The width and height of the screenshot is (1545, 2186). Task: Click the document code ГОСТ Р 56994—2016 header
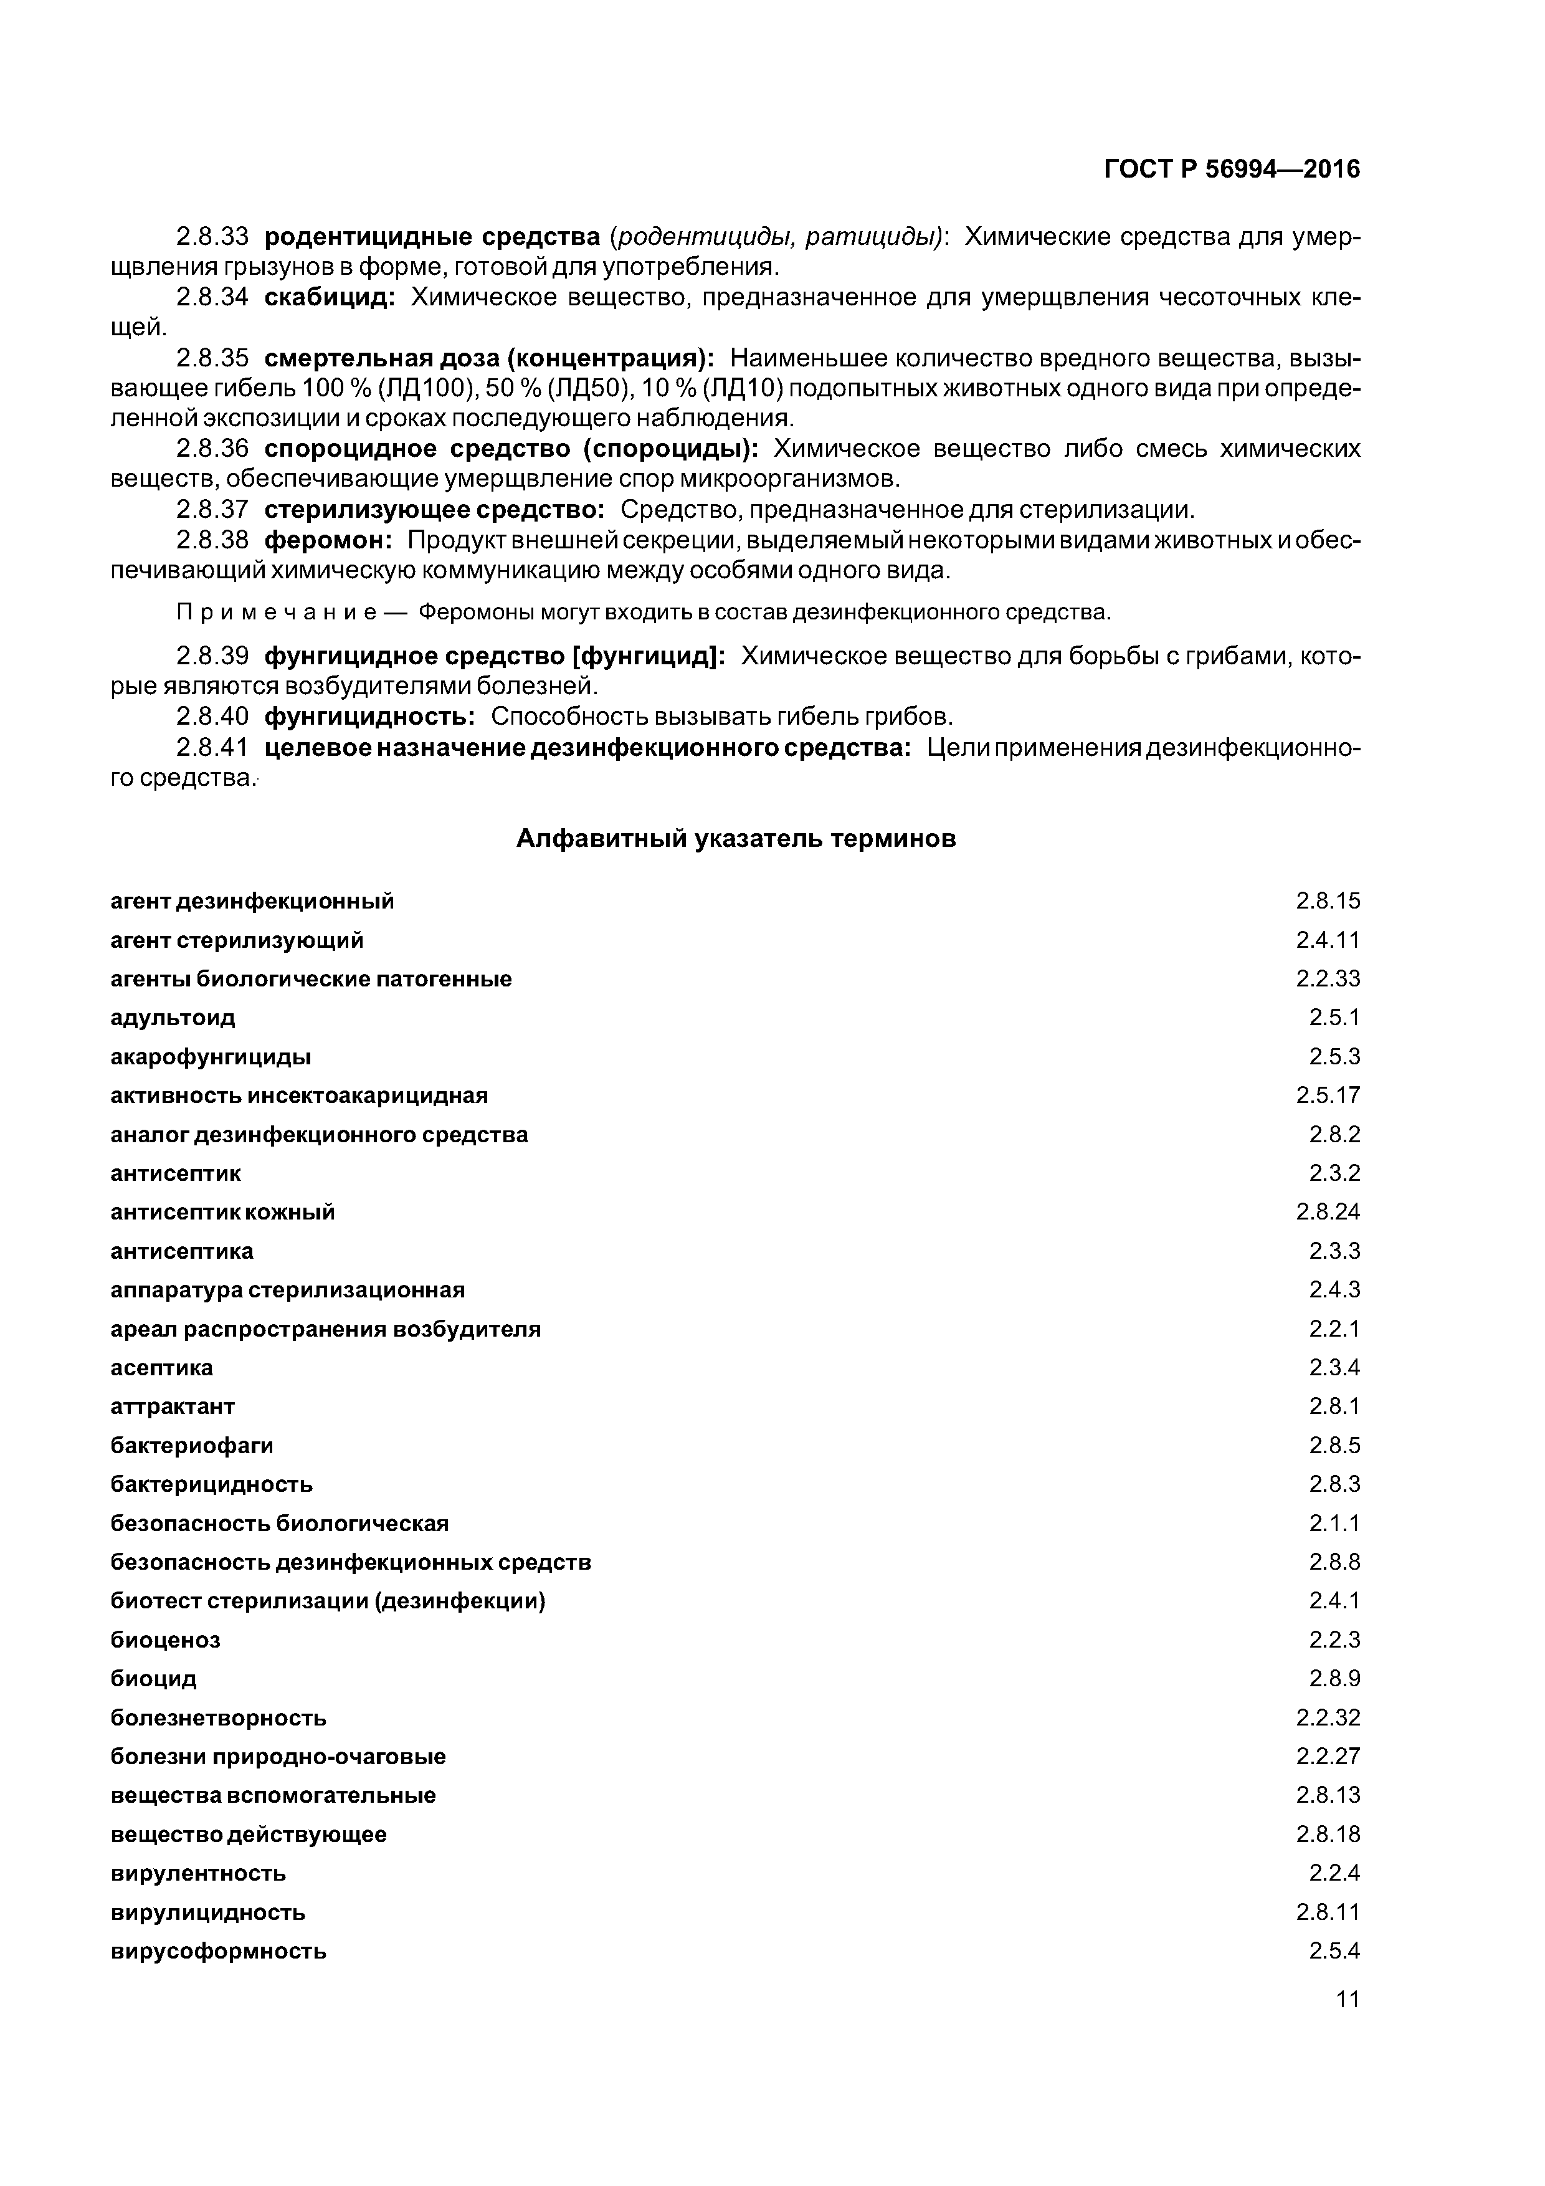1232,169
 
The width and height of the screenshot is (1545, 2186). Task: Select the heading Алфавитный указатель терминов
735,839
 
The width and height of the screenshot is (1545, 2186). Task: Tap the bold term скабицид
328,297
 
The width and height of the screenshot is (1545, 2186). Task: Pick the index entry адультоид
173,1018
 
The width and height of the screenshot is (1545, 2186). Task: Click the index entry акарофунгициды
211,1057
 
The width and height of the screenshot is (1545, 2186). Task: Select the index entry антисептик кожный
223,1212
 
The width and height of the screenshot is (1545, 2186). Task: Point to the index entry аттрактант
173,1406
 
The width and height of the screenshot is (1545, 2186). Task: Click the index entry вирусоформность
218,1951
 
